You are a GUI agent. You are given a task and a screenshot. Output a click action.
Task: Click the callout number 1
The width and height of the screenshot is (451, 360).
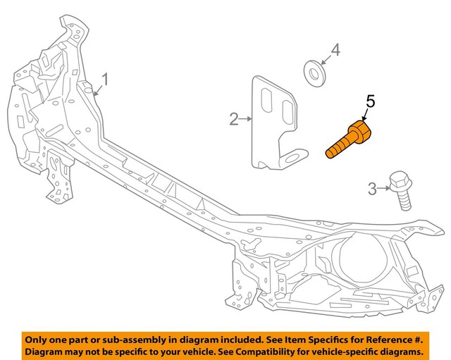point(105,80)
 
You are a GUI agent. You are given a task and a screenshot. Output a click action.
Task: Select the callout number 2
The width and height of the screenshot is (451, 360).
point(234,119)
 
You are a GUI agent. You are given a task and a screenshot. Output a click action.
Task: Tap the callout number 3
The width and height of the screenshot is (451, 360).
point(372,189)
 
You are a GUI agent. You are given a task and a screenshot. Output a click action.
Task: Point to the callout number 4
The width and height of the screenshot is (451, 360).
point(335,50)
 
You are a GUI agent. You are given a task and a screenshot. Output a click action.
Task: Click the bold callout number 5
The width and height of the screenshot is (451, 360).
point(370,101)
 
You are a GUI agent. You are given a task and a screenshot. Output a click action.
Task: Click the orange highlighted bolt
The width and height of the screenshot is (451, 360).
point(348,139)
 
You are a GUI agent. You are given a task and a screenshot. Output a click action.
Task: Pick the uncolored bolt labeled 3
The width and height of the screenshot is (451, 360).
point(401,190)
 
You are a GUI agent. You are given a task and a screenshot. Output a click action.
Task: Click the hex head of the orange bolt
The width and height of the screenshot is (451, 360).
point(360,132)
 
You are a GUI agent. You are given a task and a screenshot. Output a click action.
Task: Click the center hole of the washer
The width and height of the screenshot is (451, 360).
point(314,73)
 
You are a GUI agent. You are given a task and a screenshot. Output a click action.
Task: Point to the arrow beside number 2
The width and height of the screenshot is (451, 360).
point(246,118)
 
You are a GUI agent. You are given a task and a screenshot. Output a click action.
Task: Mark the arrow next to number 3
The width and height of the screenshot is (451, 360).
point(383,188)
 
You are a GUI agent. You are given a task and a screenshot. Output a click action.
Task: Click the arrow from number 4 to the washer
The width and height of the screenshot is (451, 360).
point(326,60)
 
